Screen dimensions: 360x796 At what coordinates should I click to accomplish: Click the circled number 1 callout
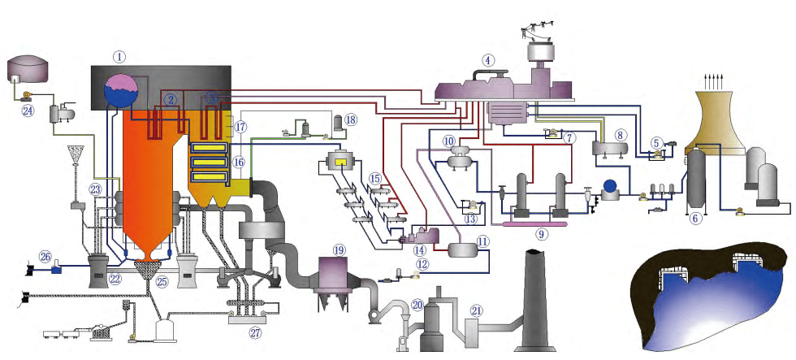120,57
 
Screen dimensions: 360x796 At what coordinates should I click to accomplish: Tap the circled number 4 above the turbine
487,59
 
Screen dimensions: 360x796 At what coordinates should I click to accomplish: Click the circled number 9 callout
542,233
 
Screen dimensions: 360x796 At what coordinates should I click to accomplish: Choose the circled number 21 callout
477,309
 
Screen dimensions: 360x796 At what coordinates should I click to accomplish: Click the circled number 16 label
238,162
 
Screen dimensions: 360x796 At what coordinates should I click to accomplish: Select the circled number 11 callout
483,241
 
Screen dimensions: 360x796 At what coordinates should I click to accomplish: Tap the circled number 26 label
45,257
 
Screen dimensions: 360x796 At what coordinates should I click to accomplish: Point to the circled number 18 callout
350,119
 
